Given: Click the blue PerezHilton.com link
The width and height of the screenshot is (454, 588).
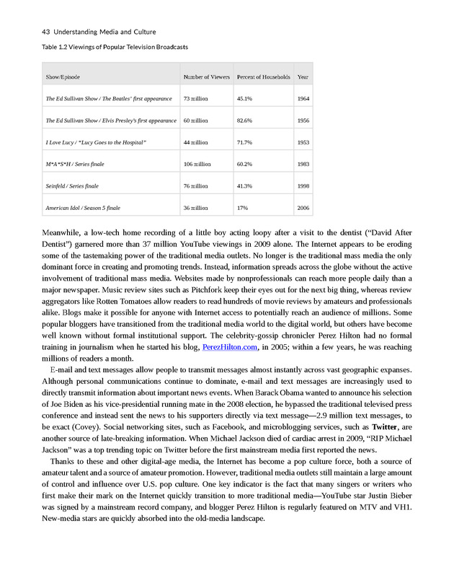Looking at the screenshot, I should [230, 347].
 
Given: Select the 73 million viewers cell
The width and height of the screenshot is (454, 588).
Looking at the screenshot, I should [196, 98].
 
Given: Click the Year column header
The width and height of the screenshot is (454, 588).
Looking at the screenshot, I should [303, 76].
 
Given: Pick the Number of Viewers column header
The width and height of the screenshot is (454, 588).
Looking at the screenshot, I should [207, 76].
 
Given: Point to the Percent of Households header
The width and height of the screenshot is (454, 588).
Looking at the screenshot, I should [264, 76].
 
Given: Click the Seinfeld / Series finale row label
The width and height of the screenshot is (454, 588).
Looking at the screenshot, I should [72, 186].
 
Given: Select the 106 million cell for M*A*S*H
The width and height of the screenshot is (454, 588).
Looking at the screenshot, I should [197, 164].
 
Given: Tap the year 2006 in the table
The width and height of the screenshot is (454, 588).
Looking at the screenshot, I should [303, 208].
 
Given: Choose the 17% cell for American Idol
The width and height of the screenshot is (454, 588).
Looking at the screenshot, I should [242, 208].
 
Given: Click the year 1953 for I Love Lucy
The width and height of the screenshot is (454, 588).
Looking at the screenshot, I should [303, 142].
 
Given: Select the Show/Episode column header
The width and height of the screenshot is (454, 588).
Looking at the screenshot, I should [63, 76].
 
